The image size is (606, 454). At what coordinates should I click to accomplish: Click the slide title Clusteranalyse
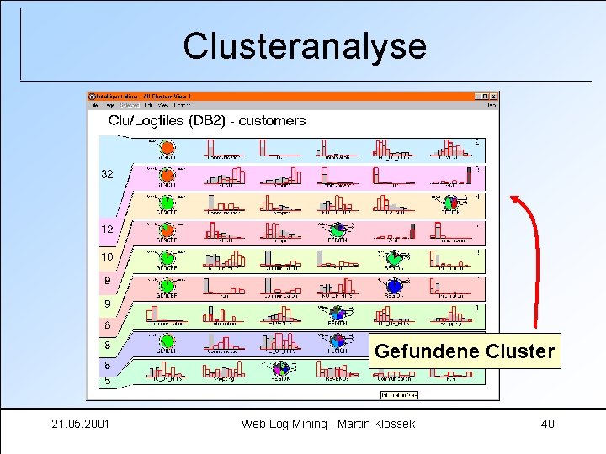coord(305,46)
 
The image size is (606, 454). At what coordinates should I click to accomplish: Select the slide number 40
coord(547,424)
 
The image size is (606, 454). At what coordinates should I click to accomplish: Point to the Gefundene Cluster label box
coord(465,351)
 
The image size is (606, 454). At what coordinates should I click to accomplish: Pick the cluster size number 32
coord(108,175)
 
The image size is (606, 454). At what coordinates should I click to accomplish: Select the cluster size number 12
coord(108,229)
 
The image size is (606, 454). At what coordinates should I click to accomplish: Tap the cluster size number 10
coord(108,256)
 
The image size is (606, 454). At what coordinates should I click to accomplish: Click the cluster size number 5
coord(107,380)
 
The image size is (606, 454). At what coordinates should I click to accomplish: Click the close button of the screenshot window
coord(493,96)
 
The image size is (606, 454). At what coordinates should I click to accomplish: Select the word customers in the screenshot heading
coord(273,121)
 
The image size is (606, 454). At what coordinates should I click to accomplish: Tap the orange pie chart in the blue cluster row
coord(167,149)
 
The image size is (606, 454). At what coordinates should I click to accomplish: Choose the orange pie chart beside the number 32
coord(167,176)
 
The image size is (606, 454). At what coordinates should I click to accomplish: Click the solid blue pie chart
coord(395,287)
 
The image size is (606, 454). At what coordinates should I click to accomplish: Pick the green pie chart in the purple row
coord(167,342)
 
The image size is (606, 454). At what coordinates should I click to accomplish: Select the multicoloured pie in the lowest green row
coord(281,368)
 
